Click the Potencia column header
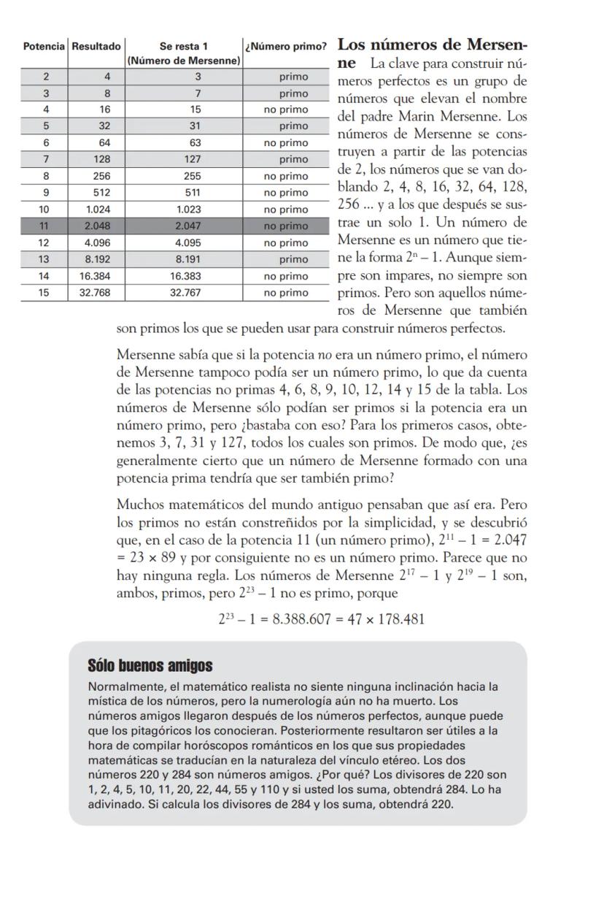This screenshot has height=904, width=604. (x=44, y=47)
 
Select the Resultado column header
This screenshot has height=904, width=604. (x=96, y=47)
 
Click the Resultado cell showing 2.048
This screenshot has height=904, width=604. (x=96, y=226)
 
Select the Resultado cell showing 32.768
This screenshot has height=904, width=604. (x=96, y=293)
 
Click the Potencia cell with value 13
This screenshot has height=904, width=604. (x=44, y=259)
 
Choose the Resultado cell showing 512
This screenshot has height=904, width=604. (x=96, y=193)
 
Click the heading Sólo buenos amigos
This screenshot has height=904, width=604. (x=150, y=666)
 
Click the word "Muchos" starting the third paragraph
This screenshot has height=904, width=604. (x=139, y=505)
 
